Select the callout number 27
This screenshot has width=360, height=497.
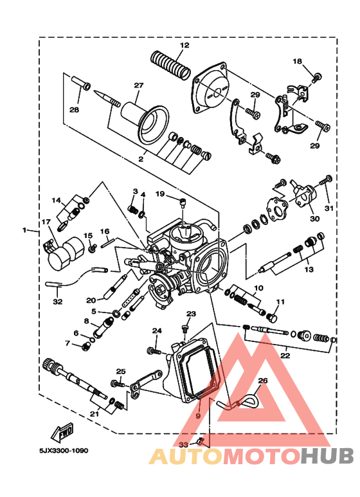[138, 86]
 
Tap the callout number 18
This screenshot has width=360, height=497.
[297, 61]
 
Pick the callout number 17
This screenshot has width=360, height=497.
[46, 222]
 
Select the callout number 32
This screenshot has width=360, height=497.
[58, 300]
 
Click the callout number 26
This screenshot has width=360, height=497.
[262, 381]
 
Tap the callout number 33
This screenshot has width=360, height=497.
[183, 444]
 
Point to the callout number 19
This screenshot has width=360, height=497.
[160, 194]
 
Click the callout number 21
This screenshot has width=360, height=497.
[94, 415]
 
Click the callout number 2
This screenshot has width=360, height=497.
[141, 158]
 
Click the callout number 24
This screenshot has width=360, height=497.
[156, 330]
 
